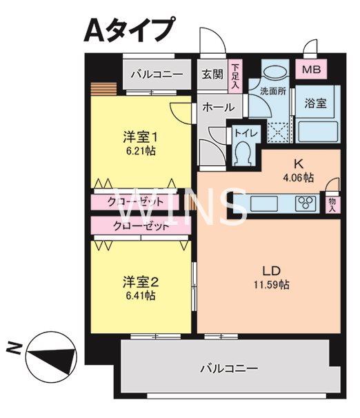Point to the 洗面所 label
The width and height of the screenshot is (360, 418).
[x=273, y=91]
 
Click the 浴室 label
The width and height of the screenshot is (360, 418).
[x=316, y=103]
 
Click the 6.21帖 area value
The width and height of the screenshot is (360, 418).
[x=140, y=150]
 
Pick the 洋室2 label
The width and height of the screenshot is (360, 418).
[x=141, y=281]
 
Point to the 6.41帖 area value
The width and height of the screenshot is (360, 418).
[x=140, y=295]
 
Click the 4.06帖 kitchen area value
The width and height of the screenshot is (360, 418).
[x=299, y=178]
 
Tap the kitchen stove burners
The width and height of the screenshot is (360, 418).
[x=306, y=203]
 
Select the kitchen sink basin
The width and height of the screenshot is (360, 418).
[x=263, y=203]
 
